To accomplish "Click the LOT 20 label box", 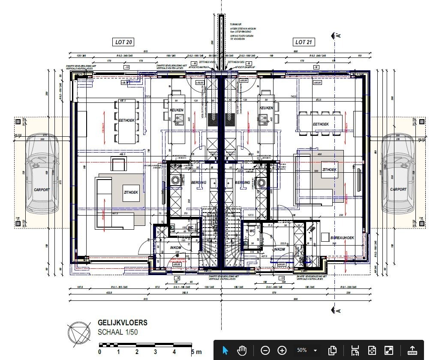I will [123, 42].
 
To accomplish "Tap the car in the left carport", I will [42, 173].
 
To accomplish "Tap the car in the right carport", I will [398, 173].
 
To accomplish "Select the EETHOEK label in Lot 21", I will [321, 124].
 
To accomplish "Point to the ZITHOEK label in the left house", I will [131, 193].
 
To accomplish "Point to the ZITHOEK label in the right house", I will [329, 170].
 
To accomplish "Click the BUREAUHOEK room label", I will [342, 237].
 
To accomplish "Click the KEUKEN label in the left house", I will [177, 110].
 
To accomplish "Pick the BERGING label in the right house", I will [243, 183].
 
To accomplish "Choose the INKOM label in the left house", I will [176, 248].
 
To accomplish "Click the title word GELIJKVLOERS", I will [122, 323].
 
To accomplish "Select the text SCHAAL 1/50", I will [118, 332].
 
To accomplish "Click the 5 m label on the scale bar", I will [195, 352].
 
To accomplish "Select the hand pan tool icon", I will [242, 350].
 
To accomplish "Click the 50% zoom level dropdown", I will [306, 350].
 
